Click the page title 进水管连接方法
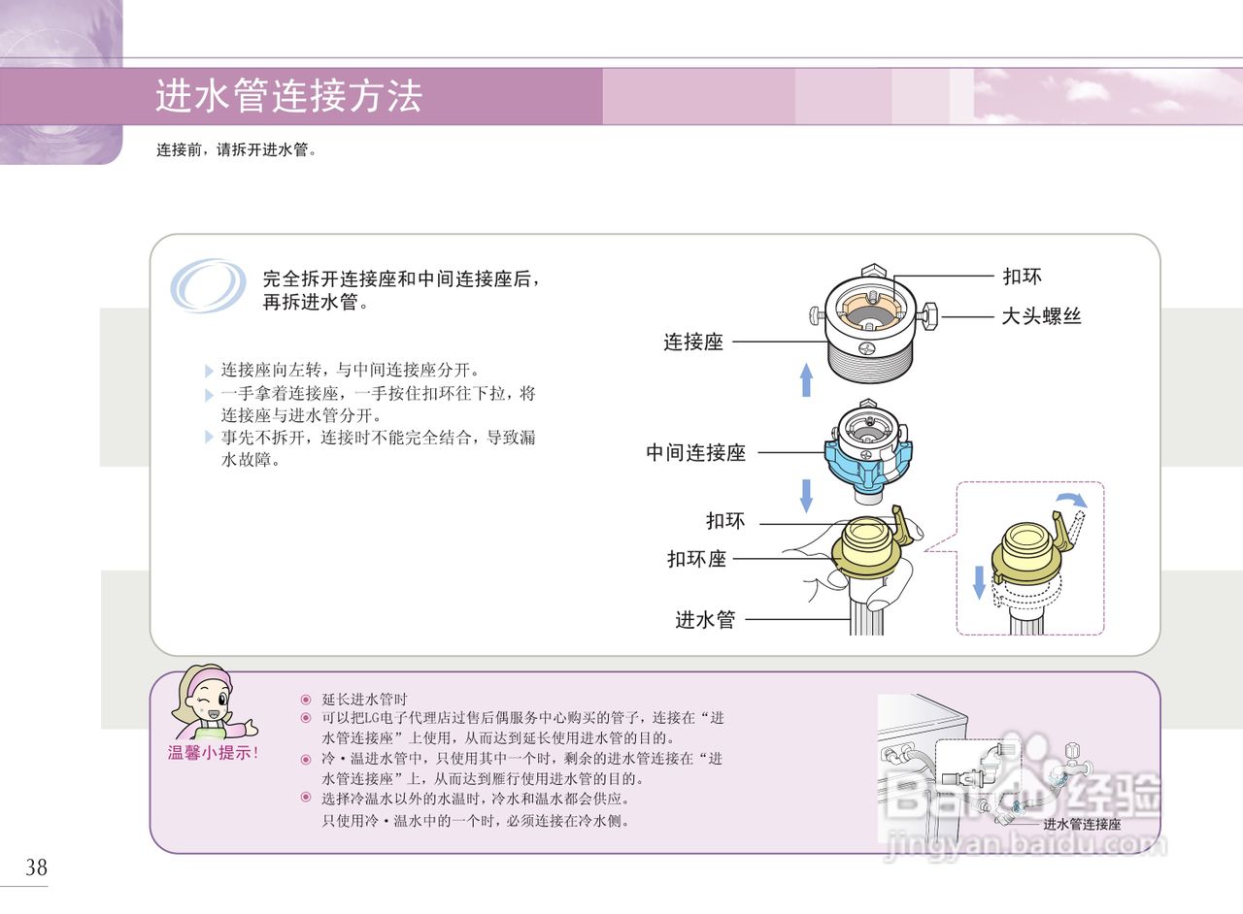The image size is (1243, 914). [288, 97]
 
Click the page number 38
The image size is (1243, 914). [36, 867]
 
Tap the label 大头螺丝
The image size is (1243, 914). [1041, 315]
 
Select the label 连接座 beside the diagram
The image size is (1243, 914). [693, 342]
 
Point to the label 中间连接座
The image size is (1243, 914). [695, 452]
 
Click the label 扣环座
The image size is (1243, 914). [696, 559]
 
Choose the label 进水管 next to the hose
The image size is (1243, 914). [705, 619]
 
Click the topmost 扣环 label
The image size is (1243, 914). [1022, 277]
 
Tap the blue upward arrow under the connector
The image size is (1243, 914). [805, 379]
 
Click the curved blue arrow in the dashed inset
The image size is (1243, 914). [1071, 500]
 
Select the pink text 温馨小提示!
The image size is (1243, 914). [214, 752]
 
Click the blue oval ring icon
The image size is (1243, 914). [208, 285]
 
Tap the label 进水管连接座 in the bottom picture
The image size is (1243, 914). [1082, 825]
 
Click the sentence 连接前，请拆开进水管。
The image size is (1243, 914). [237, 150]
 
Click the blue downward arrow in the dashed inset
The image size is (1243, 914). [979, 581]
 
